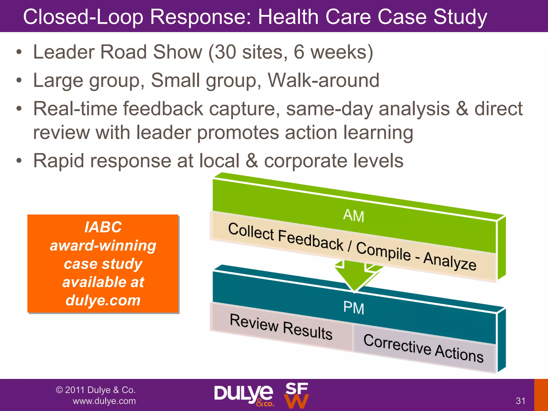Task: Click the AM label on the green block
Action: [353, 216]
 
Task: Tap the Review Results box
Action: [281, 327]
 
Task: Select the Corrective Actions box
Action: [423, 348]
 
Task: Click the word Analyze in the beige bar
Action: [450, 261]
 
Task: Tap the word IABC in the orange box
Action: [103, 227]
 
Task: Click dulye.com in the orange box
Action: [103, 300]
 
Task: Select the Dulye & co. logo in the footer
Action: [243, 395]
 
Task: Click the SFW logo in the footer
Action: [296, 395]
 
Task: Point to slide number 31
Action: [520, 401]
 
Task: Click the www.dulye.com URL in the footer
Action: [104, 401]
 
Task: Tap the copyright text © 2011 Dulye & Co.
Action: [96, 390]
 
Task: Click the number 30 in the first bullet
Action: [225, 52]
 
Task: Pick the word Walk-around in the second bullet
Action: [324, 80]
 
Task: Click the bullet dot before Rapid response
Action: [18, 161]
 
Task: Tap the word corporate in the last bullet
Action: [305, 161]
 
